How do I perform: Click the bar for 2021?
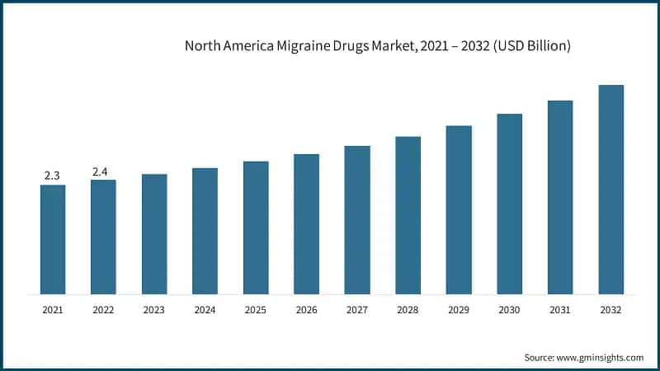53,239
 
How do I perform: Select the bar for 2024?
205,231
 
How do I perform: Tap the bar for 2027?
357,219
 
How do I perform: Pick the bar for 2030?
509,204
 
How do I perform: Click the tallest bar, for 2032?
610,189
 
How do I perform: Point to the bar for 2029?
459,209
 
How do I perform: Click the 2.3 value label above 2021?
53,176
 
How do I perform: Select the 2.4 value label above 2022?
101,171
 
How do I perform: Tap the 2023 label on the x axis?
154,310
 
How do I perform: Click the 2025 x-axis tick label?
256,310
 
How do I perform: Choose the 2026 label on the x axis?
306,310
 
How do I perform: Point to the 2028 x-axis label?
408,310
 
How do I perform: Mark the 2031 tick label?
560,310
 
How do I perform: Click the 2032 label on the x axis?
610,310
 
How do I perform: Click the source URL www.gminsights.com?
601,358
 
